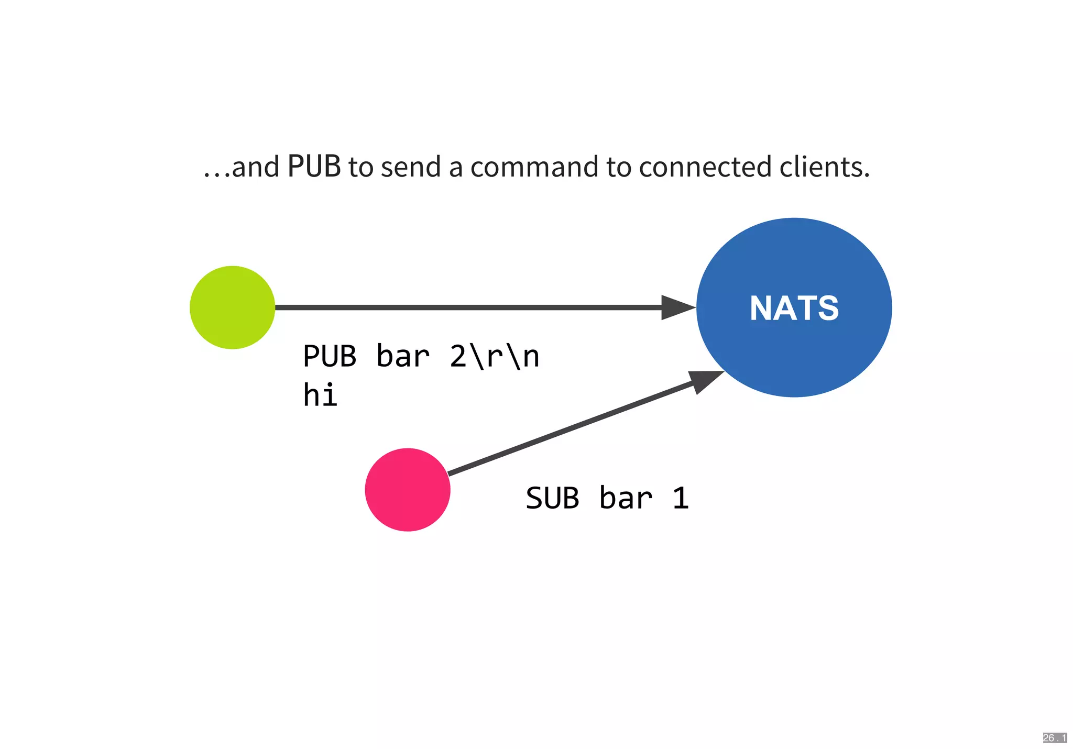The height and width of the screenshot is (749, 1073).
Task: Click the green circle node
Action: pyautogui.click(x=232, y=307)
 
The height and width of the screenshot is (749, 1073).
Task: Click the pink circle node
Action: pyautogui.click(x=408, y=489)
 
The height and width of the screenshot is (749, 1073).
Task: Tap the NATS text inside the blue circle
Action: pyautogui.click(x=794, y=308)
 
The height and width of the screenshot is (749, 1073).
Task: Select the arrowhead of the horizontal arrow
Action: pyautogui.click(x=677, y=307)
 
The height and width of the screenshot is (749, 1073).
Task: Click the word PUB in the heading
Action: pyautogui.click(x=314, y=167)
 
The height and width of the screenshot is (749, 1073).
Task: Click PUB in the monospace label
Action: pyautogui.click(x=330, y=357)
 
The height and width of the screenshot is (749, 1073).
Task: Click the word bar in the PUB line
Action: pyautogui.click(x=402, y=357)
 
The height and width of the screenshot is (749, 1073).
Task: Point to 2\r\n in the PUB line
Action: pyautogui.click(x=495, y=357)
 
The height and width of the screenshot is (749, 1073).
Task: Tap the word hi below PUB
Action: pyautogui.click(x=320, y=395)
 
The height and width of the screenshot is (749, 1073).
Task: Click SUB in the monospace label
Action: pyautogui.click(x=552, y=498)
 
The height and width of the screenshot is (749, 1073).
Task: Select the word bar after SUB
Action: pyautogui.click(x=626, y=498)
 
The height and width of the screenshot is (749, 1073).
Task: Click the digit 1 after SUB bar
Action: pyautogui.click(x=680, y=498)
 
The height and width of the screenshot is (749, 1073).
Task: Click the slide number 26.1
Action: pyautogui.click(x=1054, y=738)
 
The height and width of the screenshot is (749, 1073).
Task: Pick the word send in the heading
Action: pyautogui.click(x=411, y=167)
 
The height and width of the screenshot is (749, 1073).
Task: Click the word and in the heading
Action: pyautogui.click(x=256, y=167)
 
